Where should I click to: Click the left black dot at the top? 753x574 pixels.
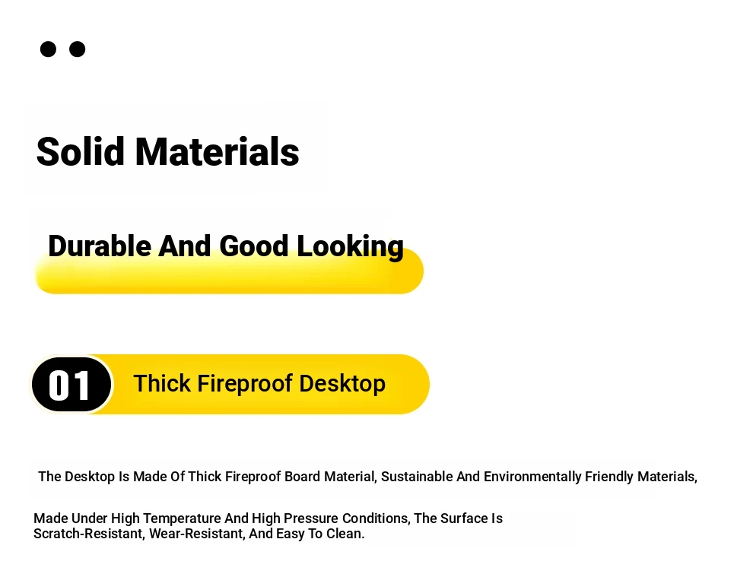coord(48,49)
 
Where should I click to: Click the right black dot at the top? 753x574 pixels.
coord(78,49)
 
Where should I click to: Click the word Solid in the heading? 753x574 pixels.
coord(80,151)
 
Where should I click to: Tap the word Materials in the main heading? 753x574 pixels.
coord(217,151)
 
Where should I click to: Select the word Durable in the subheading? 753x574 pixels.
coord(100,246)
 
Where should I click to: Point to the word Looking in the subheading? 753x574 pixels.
coord(350,247)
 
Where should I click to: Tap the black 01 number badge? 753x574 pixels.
coord(71,385)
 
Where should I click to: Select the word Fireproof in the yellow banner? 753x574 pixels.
coord(245,384)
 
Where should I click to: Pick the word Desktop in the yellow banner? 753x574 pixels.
coord(342,384)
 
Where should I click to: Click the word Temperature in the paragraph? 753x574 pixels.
coord(182,519)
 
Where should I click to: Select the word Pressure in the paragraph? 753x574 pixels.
coord(311,519)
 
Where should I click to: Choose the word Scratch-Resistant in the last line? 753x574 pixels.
coord(89,534)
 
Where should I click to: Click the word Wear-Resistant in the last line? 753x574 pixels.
coord(197,534)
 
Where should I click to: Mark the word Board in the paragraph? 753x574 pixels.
coord(302,477)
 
